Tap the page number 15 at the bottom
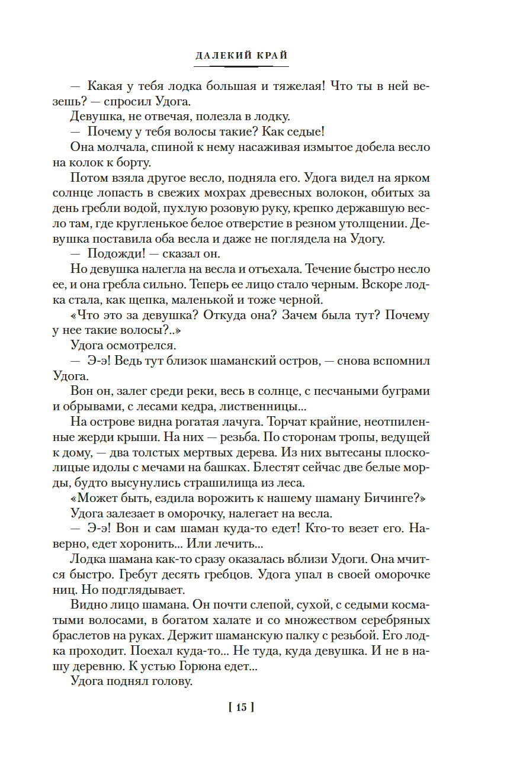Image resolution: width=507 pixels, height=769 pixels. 241,707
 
